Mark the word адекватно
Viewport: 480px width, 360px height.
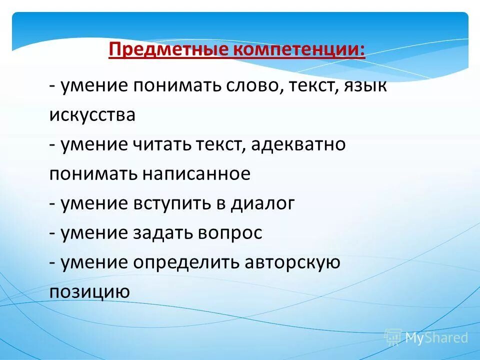click(299, 145)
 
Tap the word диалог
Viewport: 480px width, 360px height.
click(262, 203)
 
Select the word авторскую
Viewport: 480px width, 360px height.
click(292, 262)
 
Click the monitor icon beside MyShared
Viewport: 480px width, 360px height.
click(393, 337)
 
